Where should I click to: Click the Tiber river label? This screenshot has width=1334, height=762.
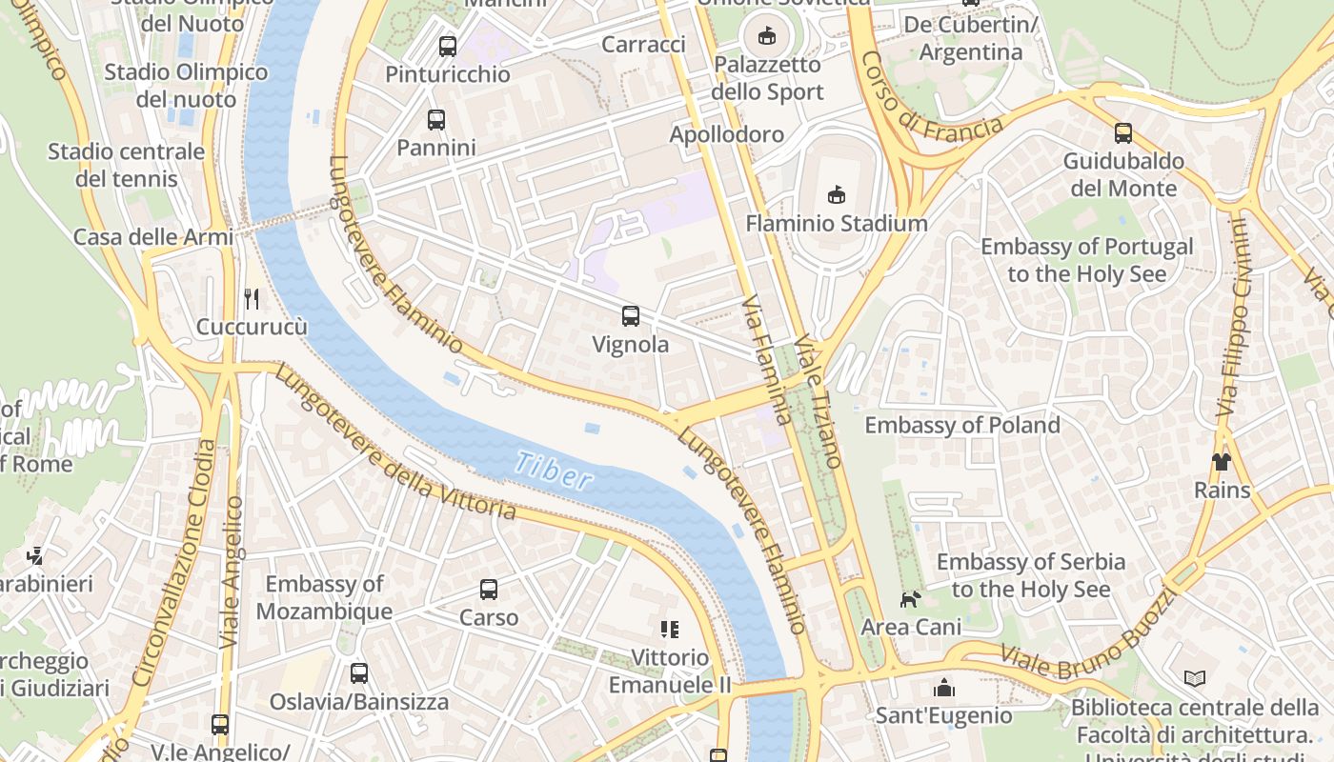point(554,471)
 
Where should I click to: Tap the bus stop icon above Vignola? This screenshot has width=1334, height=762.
point(630,316)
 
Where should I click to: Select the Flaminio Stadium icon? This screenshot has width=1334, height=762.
point(837,195)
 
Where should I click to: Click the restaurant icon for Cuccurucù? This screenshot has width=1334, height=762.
point(252,299)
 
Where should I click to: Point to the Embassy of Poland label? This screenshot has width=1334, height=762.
point(961,425)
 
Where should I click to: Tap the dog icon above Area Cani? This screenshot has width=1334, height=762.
point(911,599)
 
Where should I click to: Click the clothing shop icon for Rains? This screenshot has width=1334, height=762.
point(1222,462)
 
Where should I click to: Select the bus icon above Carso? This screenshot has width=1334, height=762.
point(489,590)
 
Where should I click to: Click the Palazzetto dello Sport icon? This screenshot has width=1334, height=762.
point(766,36)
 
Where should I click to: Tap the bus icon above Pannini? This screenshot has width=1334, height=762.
point(435,120)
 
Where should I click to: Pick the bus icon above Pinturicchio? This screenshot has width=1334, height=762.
point(447,46)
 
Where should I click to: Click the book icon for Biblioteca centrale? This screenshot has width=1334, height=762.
point(1195,679)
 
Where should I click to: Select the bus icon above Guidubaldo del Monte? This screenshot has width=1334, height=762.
point(1123,133)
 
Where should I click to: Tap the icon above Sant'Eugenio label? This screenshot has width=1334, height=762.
point(944,688)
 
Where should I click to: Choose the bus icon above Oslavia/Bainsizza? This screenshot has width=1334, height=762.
point(359,673)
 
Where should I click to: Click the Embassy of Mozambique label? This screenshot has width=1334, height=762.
point(324,597)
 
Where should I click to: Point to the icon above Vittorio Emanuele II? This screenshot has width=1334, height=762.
point(670,629)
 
